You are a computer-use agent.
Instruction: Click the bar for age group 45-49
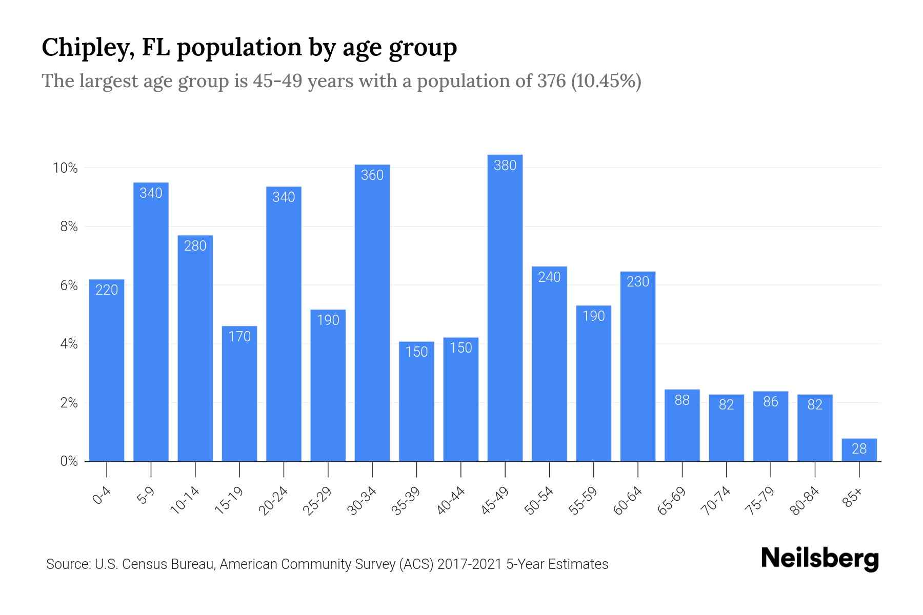click(505, 307)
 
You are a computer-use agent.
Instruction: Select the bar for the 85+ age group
click(859, 450)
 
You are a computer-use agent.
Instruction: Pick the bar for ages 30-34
click(372, 313)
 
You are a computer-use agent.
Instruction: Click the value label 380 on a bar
click(505, 166)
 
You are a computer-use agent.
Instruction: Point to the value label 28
click(859, 449)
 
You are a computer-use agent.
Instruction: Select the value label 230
click(638, 282)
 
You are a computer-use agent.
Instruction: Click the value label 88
click(682, 400)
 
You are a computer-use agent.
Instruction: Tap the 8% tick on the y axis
click(69, 227)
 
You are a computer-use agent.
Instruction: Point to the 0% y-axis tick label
click(69, 461)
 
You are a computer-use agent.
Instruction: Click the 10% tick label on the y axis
click(65, 168)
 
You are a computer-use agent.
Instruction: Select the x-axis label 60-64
click(628, 501)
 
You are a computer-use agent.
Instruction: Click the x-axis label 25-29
click(317, 501)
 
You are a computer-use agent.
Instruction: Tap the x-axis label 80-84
click(805, 501)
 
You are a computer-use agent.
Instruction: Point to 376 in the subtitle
click(551, 81)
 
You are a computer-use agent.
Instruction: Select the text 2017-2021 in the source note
click(470, 564)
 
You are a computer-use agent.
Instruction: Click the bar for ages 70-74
click(726, 428)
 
